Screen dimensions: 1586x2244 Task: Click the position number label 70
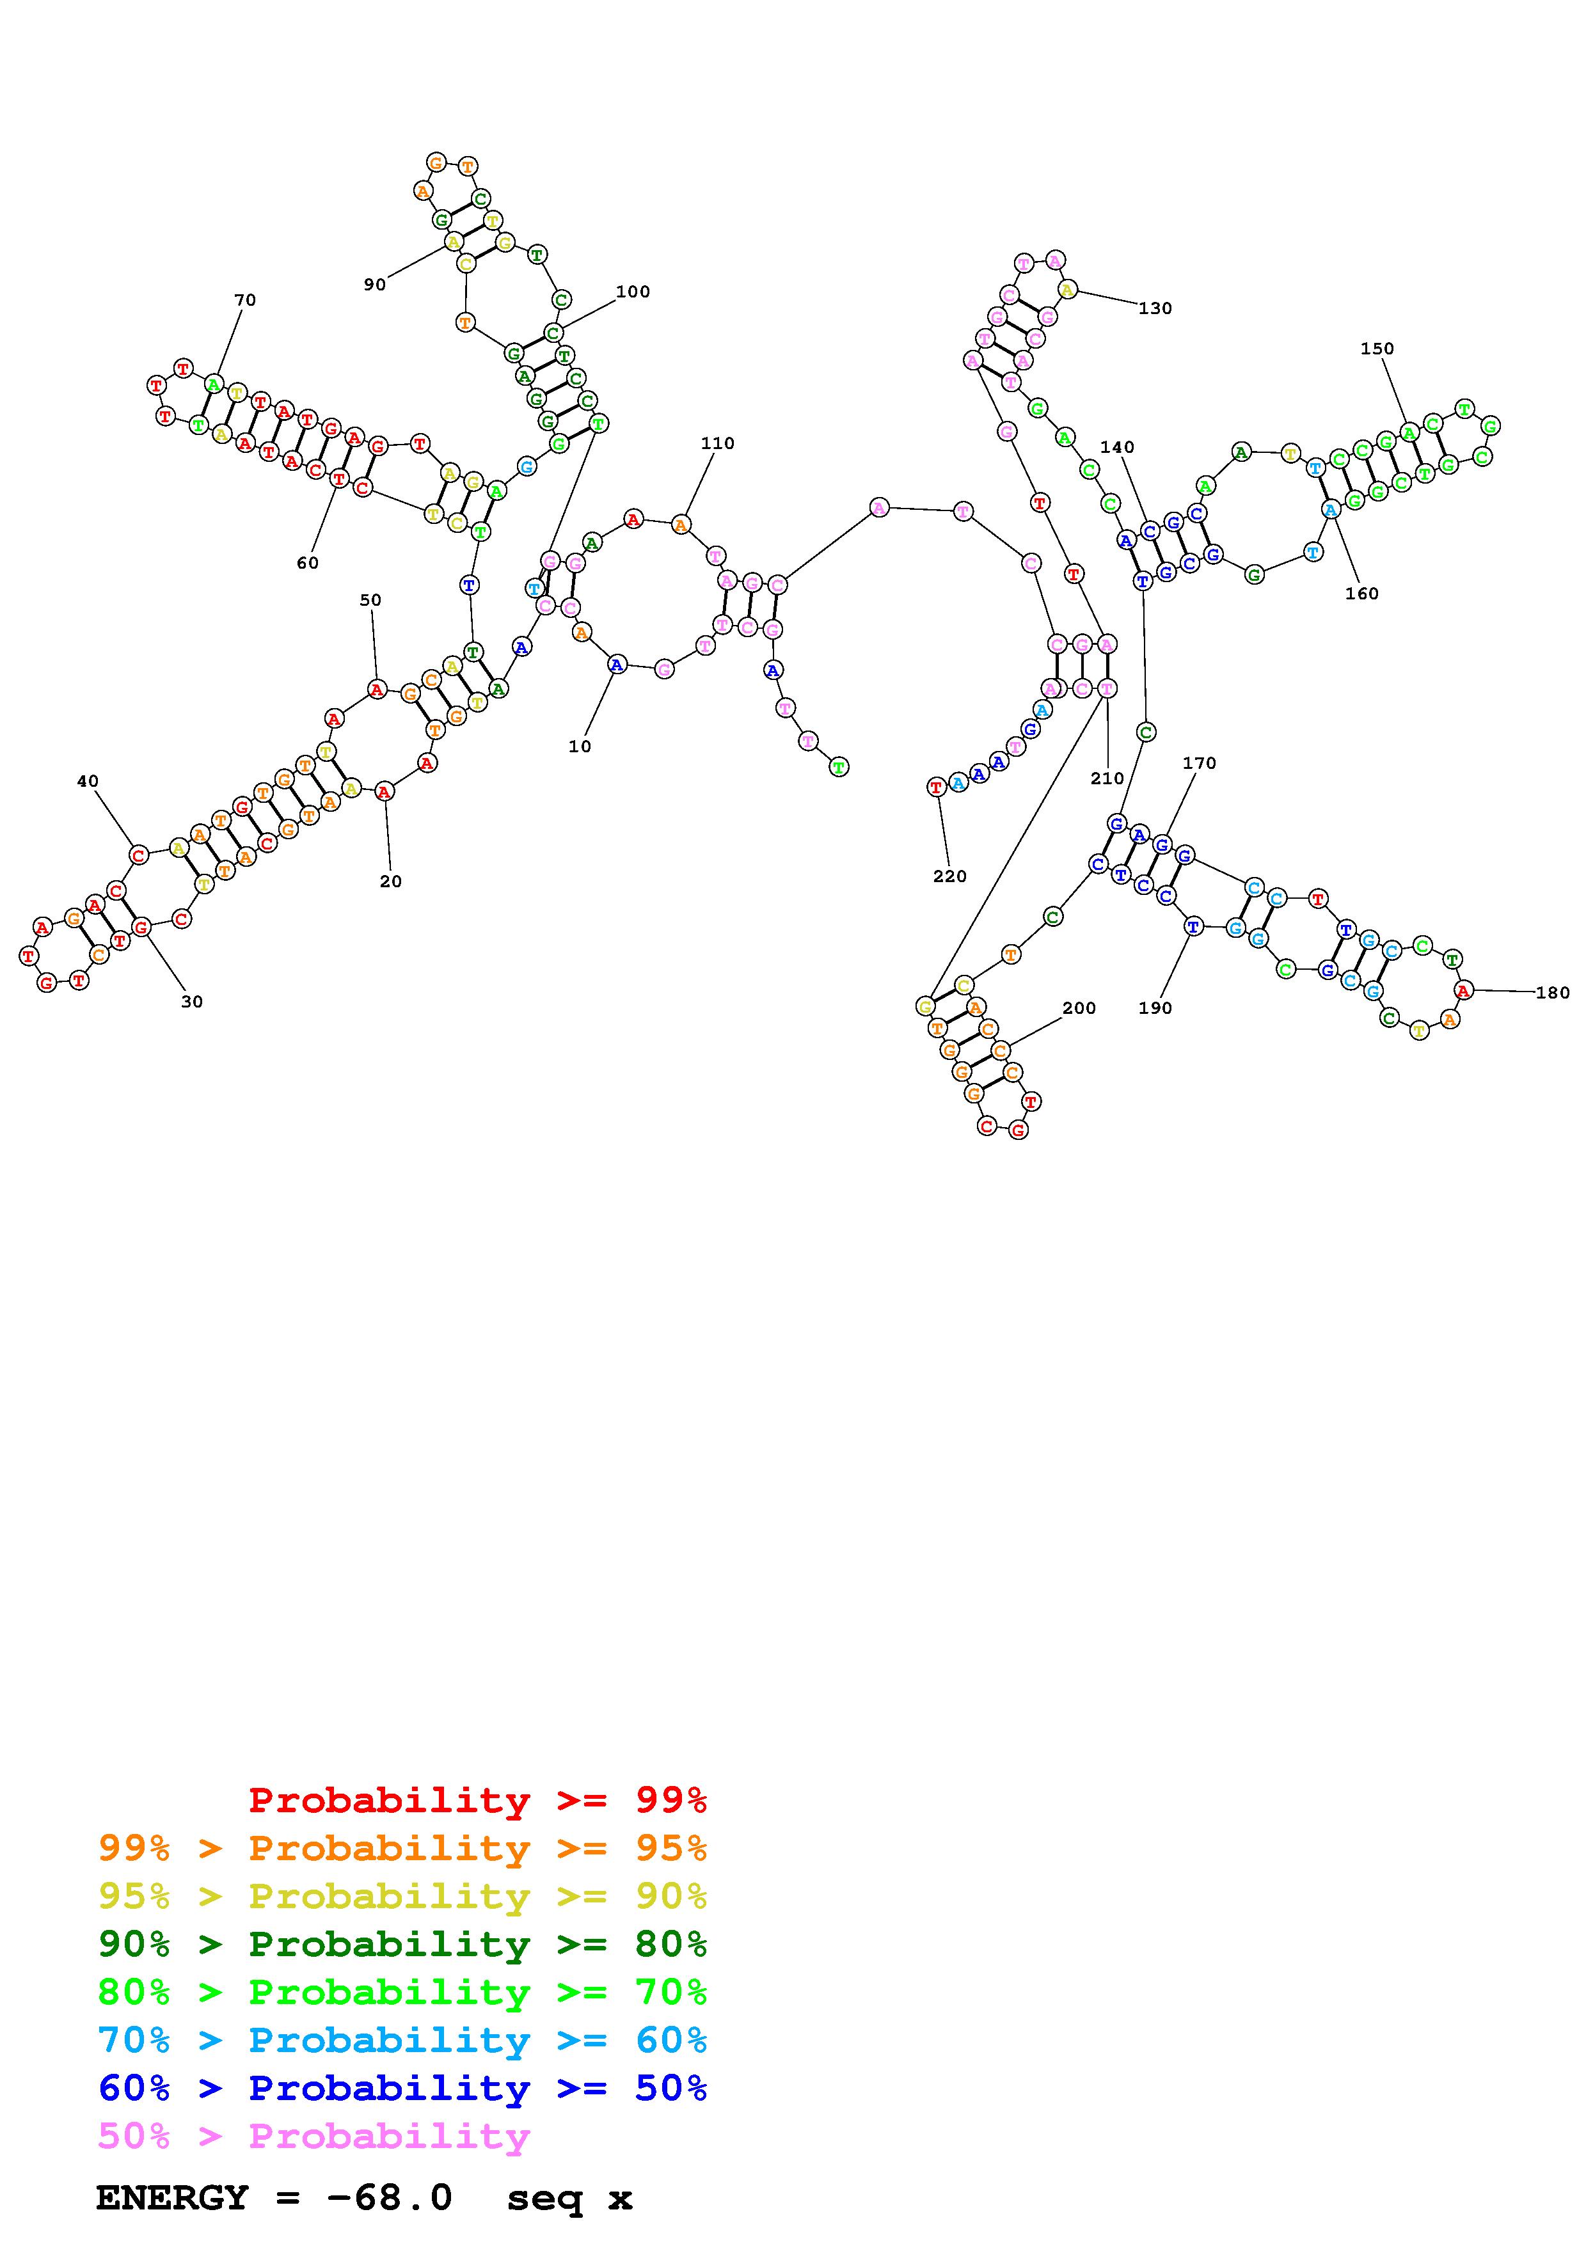pyautogui.click(x=245, y=300)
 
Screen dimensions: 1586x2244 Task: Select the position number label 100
pyautogui.click(x=633, y=291)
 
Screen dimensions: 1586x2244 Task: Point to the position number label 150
pyautogui.click(x=1377, y=349)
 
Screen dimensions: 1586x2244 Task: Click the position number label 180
pyautogui.click(x=1553, y=992)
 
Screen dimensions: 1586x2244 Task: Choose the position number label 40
pyautogui.click(x=88, y=781)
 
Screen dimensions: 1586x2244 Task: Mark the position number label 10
pyautogui.click(x=580, y=746)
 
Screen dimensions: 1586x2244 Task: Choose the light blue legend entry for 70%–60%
pyautogui.click(x=402, y=2040)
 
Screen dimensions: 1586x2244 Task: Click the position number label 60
pyautogui.click(x=308, y=563)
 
